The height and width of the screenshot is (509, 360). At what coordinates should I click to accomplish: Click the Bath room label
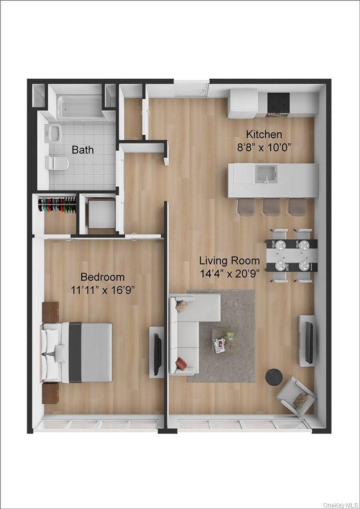point(83,149)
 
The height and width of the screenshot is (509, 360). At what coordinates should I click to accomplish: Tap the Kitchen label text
point(264,134)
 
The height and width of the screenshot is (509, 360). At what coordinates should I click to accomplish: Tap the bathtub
point(79,107)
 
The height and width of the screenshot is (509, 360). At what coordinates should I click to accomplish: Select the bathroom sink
point(53,132)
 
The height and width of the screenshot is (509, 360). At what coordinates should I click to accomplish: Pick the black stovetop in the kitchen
point(278,103)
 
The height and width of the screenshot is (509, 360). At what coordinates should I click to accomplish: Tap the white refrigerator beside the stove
point(243,103)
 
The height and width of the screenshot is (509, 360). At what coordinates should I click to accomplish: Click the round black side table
point(274,377)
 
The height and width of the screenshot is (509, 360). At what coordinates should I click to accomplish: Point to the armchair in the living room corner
point(295,397)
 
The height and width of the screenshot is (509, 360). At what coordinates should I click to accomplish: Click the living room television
point(308,340)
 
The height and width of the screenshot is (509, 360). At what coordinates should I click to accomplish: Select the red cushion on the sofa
point(181,363)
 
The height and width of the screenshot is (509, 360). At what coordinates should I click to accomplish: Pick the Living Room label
point(230,261)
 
